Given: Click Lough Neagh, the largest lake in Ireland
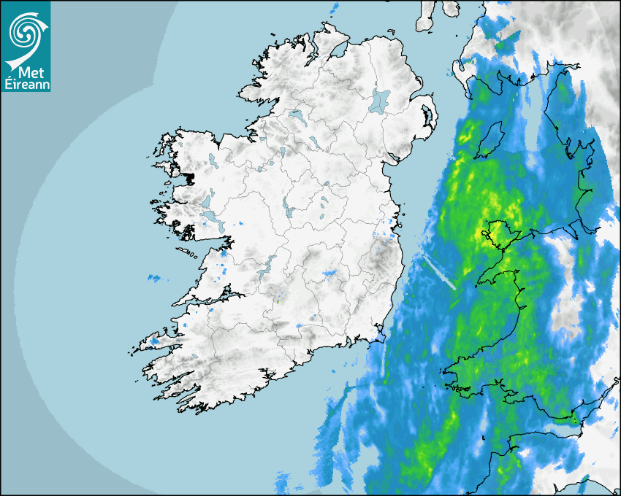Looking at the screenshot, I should (x=380, y=100).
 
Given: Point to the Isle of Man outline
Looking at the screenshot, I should (x=491, y=139).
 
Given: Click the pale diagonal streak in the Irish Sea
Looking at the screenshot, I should (x=438, y=270).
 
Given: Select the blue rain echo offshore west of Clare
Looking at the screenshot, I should (x=154, y=278).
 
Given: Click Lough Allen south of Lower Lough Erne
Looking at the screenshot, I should (x=281, y=152).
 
